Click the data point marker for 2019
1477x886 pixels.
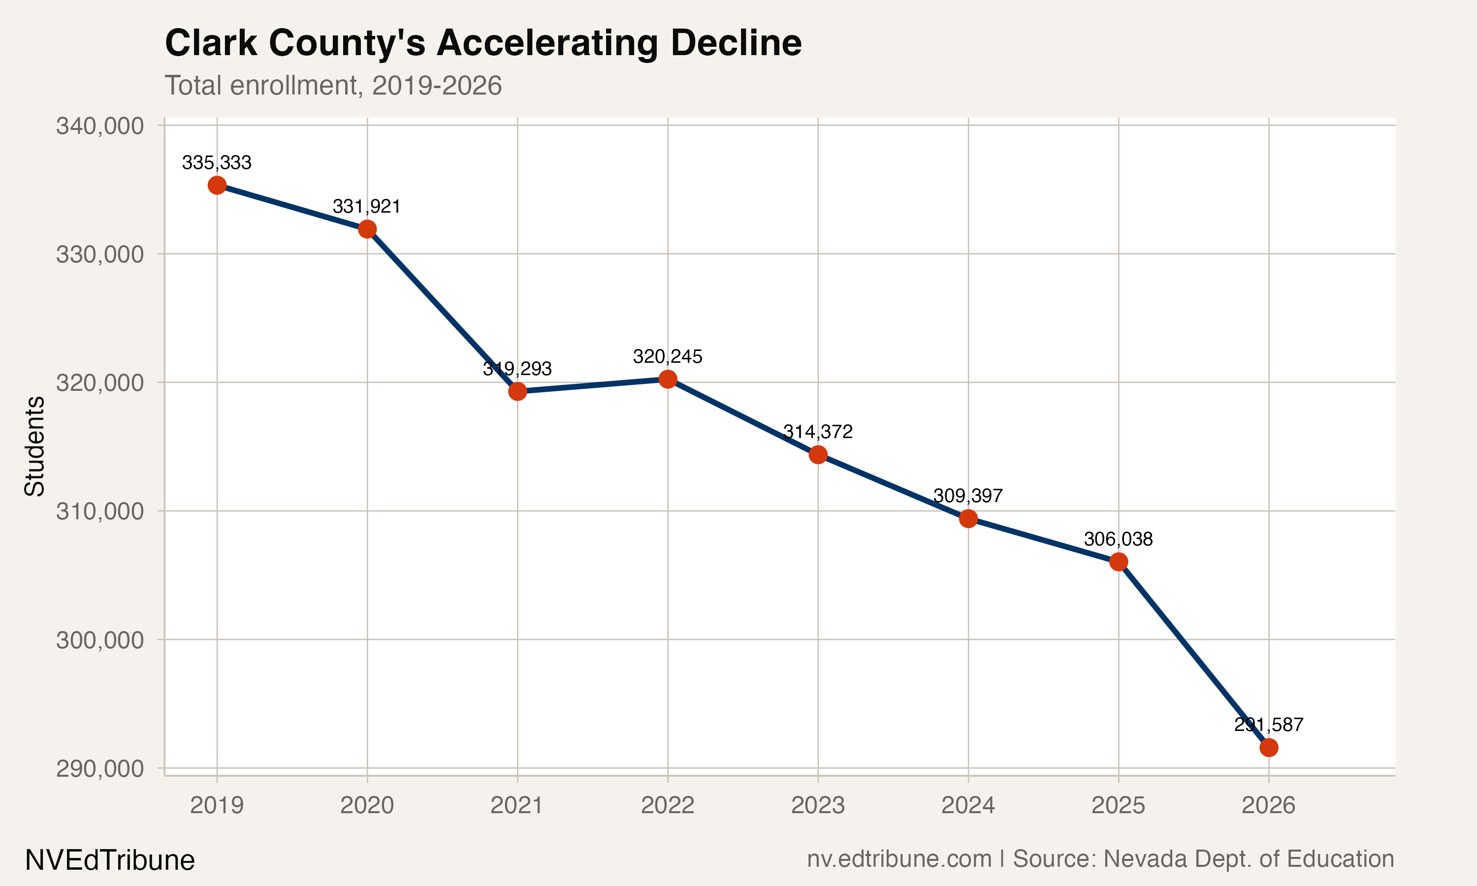(217, 185)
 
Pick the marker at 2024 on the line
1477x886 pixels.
(968, 518)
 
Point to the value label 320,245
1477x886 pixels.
(668, 356)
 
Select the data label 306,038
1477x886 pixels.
(1118, 539)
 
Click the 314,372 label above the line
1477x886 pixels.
(817, 432)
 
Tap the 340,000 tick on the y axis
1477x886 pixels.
(100, 126)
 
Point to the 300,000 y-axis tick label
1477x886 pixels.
(100, 640)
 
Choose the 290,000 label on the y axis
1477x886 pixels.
(100, 768)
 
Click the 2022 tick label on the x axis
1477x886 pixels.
(668, 805)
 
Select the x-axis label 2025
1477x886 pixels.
(1118, 805)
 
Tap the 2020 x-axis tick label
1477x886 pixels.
(367, 805)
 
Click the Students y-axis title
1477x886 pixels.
(34, 446)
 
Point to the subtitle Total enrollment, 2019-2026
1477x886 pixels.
(332, 85)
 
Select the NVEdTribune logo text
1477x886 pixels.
(110, 860)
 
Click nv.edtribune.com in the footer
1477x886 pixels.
(899, 858)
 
